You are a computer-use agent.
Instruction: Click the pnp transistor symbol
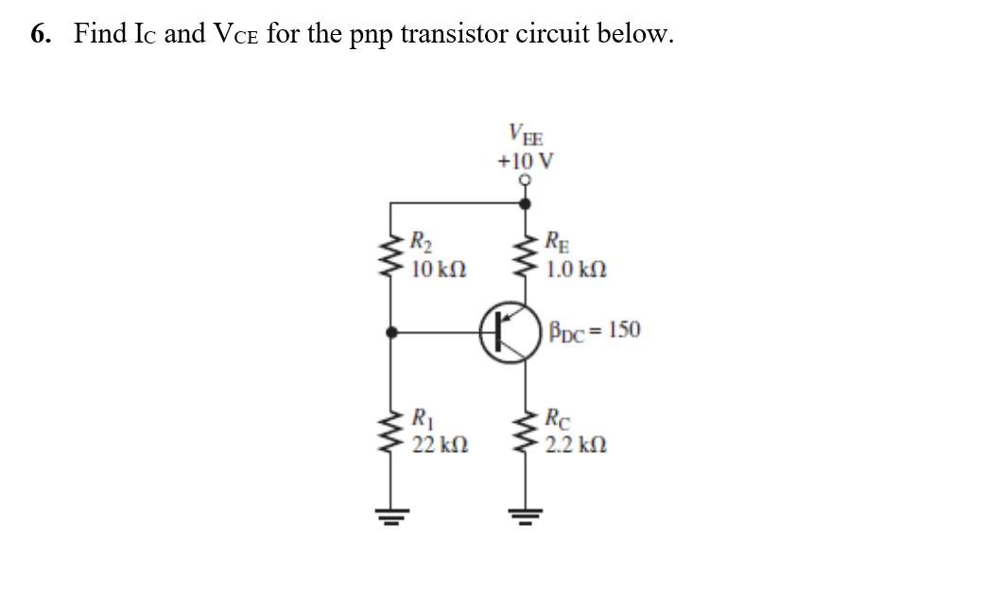coord(508,332)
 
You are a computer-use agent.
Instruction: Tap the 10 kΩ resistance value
coord(438,270)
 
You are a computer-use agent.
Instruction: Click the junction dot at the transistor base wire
coord(392,332)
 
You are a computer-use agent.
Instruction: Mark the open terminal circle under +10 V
coord(526,183)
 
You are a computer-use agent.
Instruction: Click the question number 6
coord(39,35)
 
